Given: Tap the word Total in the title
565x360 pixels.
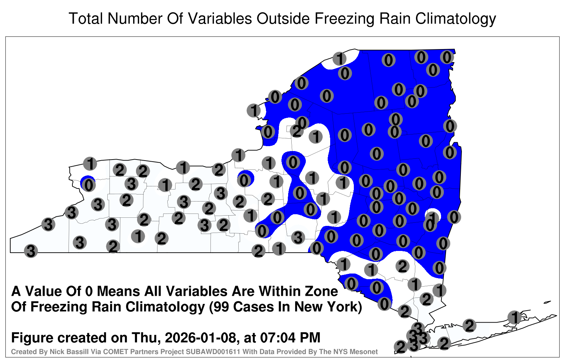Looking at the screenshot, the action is [86, 18].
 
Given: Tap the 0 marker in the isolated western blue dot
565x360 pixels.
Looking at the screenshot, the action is [89, 186].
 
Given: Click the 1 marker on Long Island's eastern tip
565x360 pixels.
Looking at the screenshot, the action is [514, 317].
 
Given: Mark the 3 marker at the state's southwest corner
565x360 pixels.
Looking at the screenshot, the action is [31, 251].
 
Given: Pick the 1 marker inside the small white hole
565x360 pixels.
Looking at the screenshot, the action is [433, 217].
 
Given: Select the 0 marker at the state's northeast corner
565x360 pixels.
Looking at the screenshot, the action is [447, 57].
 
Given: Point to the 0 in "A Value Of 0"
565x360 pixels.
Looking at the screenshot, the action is [89, 292].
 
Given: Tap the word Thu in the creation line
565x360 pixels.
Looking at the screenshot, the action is [147, 338].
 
